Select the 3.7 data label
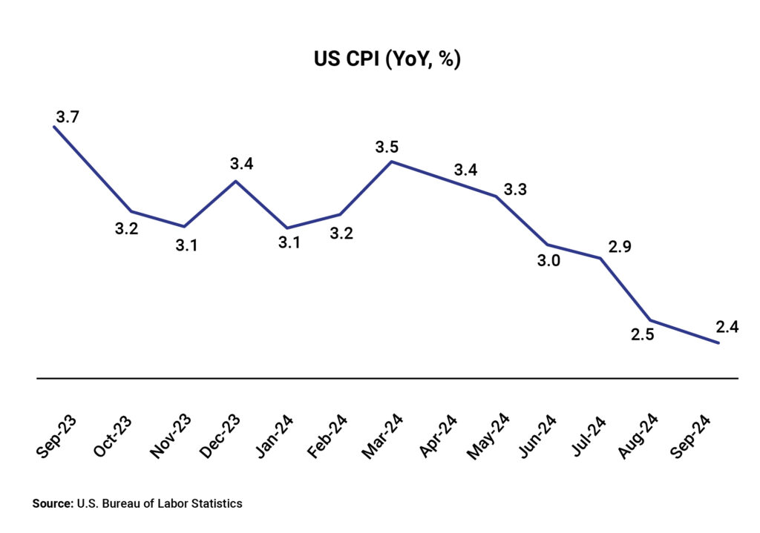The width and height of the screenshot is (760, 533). [x=67, y=116]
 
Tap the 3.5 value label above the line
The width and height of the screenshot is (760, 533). [x=387, y=147]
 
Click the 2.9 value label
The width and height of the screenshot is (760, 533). [x=619, y=247]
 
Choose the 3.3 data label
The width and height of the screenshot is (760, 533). [x=515, y=190]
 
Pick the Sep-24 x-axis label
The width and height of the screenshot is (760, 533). [x=696, y=435]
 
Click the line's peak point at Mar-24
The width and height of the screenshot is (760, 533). [x=392, y=161]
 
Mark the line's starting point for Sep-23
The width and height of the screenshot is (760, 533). [x=54, y=127]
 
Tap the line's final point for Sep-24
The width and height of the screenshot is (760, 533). [x=718, y=342]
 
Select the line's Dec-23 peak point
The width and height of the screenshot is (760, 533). [x=236, y=181]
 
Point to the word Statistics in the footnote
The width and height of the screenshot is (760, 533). [x=216, y=503]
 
